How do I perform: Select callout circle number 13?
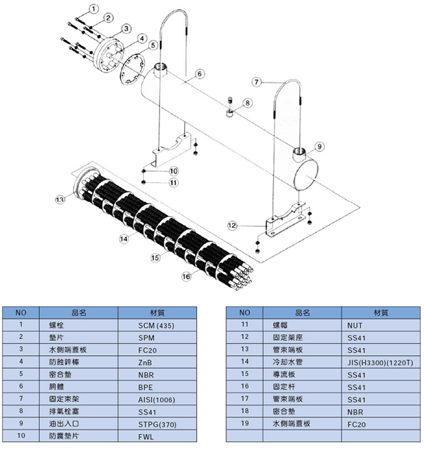point(60,200)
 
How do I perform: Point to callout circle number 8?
point(248,102)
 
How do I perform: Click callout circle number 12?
point(232,225)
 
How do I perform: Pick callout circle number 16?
point(186,275)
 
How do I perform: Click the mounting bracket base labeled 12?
point(284,223)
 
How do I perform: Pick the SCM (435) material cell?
point(157,325)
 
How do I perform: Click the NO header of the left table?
point(21,312)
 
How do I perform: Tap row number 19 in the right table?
point(244,424)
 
